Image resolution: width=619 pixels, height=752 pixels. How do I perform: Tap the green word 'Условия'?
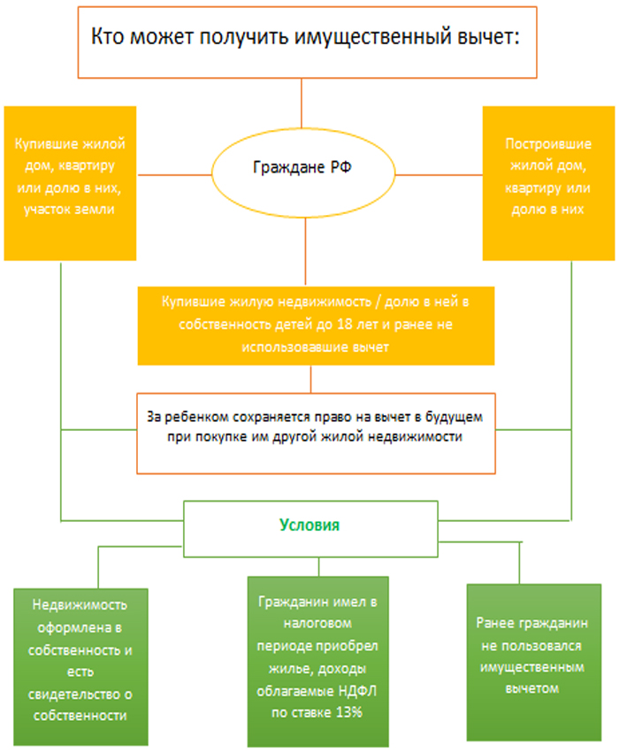[309, 525]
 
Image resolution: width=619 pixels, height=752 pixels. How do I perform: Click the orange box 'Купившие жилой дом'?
[70, 183]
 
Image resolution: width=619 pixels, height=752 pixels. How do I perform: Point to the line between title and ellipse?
[302, 104]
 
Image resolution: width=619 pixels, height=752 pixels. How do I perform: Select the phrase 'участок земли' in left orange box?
[70, 209]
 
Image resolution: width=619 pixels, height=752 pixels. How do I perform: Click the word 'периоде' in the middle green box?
[286, 647]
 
